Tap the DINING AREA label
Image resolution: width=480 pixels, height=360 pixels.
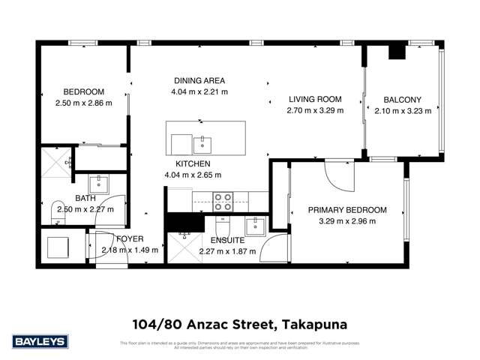point(199,81)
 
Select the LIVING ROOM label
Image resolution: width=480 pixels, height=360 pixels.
point(315,99)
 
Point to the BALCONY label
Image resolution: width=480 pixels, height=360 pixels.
point(403,99)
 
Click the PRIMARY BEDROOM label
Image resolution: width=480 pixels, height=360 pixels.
point(347,210)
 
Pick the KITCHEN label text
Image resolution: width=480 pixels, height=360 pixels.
point(193,163)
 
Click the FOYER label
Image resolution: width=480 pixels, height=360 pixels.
point(130,239)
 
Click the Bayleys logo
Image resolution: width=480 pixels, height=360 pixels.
point(42,341)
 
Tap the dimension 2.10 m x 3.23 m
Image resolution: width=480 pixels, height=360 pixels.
point(403,110)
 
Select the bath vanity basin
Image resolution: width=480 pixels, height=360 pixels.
point(99,184)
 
